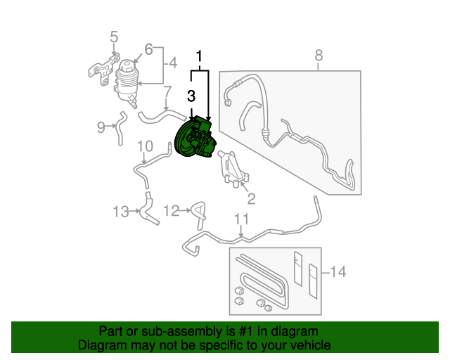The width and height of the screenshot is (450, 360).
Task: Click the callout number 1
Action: click(200, 56)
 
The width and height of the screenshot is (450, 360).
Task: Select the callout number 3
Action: click(191, 95)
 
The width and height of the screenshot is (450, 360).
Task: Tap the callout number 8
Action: click(319, 55)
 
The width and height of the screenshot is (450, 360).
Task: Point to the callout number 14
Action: click(338, 271)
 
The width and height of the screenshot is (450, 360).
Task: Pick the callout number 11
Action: click(241, 219)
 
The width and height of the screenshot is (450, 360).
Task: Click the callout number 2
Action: click(251, 199)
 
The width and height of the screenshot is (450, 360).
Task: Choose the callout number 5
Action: click(114, 37)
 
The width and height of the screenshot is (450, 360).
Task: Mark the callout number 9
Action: click(101, 127)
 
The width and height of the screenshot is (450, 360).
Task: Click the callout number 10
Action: click(144, 146)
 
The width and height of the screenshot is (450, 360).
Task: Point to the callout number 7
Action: click(167, 92)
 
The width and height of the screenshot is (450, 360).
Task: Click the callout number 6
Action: click(148, 49)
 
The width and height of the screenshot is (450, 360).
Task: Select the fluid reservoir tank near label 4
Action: click(127, 81)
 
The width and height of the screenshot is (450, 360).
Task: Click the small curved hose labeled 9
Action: click(120, 127)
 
